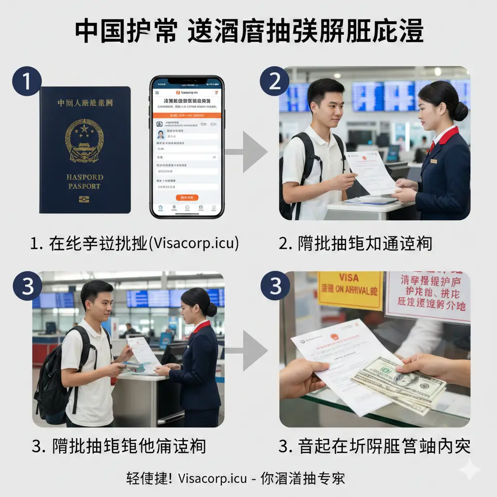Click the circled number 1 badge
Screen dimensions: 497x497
pyautogui.click(x=27, y=81)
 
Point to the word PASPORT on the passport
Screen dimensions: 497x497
pyautogui.click(x=84, y=186)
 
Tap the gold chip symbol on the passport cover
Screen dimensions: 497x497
pyautogui.click(x=84, y=199)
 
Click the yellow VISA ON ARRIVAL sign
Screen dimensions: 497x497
pyautogui.click(x=349, y=290)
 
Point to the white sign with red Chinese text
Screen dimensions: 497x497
pyautogui.click(x=427, y=296)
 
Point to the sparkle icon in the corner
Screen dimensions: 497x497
pyautogui.click(x=469, y=470)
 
